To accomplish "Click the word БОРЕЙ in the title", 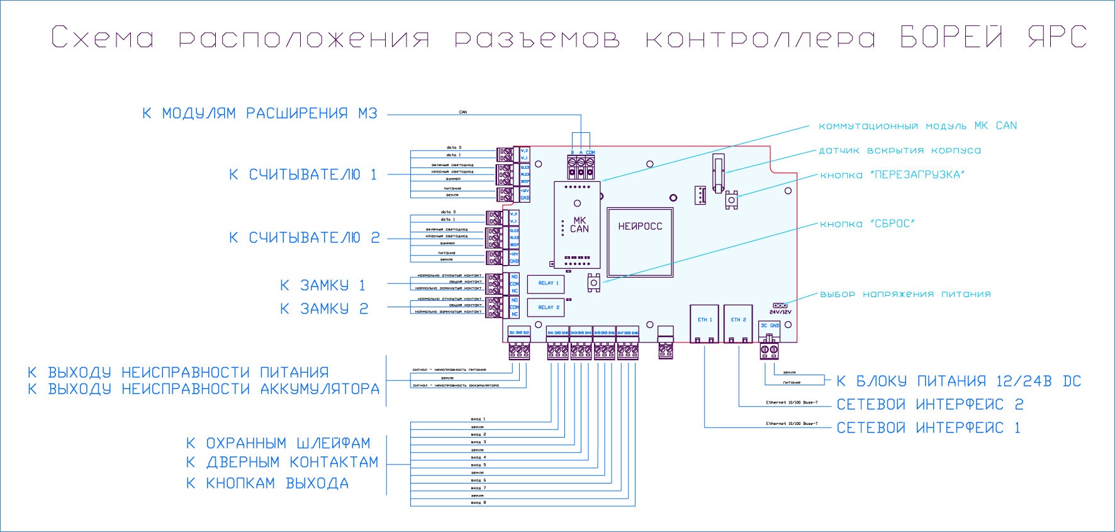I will click(x=951, y=37).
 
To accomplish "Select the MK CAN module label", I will click(x=579, y=225).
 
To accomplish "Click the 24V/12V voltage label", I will click(x=780, y=312).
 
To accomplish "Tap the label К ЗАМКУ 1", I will click(x=323, y=286).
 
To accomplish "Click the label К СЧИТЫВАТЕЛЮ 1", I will click(x=303, y=174).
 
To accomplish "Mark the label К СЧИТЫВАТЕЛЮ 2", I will click(x=304, y=238).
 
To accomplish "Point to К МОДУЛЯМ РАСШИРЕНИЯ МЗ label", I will click(x=260, y=114).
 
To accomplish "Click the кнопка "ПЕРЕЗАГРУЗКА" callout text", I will click(x=892, y=175).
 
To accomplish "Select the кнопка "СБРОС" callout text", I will click(x=867, y=224).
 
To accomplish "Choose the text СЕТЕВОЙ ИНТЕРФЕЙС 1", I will click(x=928, y=428).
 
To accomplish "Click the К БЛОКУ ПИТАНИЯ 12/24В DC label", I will click(x=958, y=382).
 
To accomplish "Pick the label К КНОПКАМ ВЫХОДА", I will click(x=267, y=484).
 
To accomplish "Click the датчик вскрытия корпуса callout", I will click(x=899, y=150).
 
